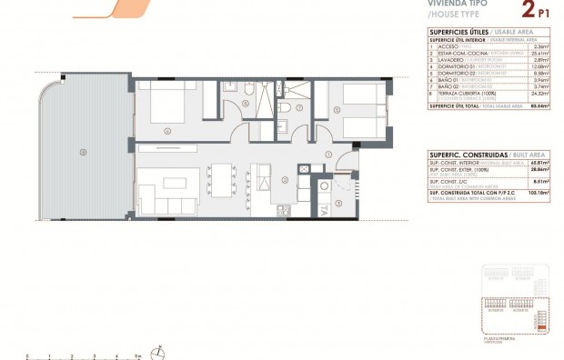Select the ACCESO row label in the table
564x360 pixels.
coord(448,45)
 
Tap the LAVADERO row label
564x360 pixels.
coord(451,59)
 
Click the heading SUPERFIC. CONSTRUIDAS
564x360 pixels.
coord(462,155)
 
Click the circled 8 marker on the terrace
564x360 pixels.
coord(83,151)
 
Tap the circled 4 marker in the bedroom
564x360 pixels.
coord(167,130)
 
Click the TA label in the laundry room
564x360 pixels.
coord(324,210)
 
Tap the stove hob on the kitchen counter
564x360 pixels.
coord(283,210)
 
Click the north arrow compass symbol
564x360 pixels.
coord(160,350)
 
